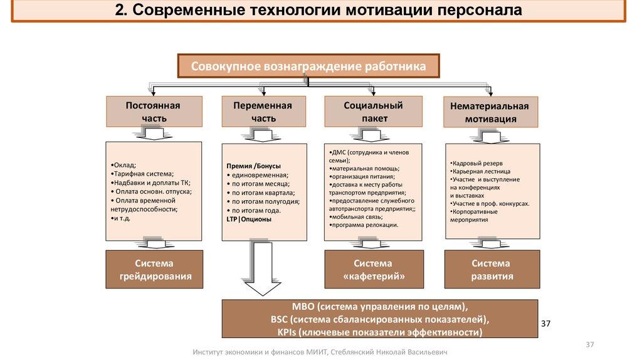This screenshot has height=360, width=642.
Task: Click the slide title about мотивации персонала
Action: pos(319,12)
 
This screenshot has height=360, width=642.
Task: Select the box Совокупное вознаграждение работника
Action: pos(308,66)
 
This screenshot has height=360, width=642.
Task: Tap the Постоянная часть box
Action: pos(153,112)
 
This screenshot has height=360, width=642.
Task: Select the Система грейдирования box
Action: pos(154,269)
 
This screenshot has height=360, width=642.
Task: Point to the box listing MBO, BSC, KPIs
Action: pos(380,319)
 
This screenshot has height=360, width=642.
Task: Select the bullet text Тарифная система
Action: pos(142,174)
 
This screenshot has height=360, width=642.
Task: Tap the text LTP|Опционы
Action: pos(249,220)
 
